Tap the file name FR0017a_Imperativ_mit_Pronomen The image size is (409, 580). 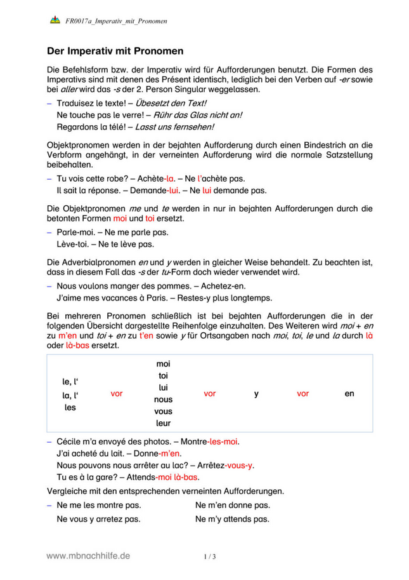pyautogui.click(x=116, y=21)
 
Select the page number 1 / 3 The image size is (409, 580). pyautogui.click(x=210, y=557)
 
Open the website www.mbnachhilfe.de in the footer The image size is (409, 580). pyautogui.click(x=88, y=556)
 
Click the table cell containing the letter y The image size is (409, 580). pyautogui.click(x=256, y=394)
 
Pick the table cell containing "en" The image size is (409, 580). pyautogui.click(x=349, y=394)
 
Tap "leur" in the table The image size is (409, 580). pyautogui.click(x=163, y=423)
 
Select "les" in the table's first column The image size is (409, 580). pyautogui.click(x=70, y=408)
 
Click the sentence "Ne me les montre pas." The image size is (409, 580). pyautogui.click(x=99, y=505)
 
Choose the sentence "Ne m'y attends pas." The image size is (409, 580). pyautogui.click(x=232, y=519)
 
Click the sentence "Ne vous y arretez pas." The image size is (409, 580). pyautogui.click(x=98, y=519)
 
